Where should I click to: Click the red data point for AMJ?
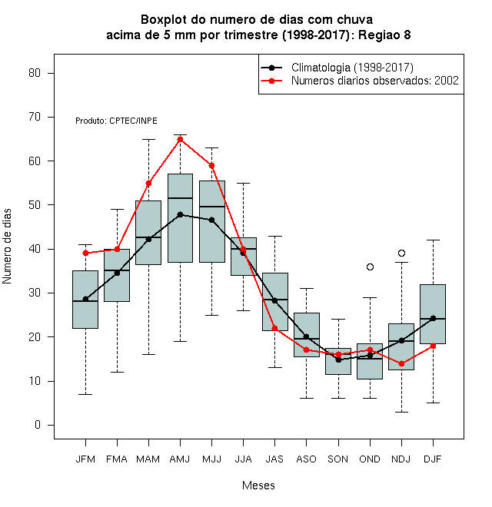[x=181, y=139]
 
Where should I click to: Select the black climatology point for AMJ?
[x=181, y=214]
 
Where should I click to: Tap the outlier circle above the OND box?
[x=370, y=267]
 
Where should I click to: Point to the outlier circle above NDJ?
[x=401, y=253]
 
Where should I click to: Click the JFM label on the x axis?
[x=85, y=459]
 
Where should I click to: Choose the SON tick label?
[x=338, y=459]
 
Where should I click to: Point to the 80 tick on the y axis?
[x=35, y=73]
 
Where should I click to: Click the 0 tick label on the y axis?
[x=38, y=425]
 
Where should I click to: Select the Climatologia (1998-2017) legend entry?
[x=337, y=68]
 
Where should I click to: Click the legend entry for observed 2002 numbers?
[x=360, y=81]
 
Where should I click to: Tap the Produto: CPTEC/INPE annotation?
[x=116, y=121]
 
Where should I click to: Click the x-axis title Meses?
[x=258, y=485]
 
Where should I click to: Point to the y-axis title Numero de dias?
[x=7, y=247]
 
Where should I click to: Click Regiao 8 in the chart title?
[x=384, y=35]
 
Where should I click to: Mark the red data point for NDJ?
[x=401, y=364]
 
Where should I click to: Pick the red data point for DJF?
[x=433, y=346]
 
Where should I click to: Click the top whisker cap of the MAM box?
[x=148, y=139]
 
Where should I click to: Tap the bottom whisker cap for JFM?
[x=85, y=394]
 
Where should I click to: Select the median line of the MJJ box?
[x=212, y=207]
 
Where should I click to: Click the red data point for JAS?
[x=274, y=328]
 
